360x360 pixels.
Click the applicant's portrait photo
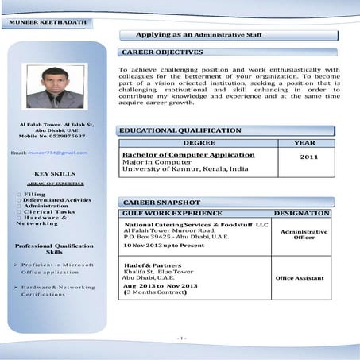coord(56,87)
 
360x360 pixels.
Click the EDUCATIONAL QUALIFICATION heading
coord(180,130)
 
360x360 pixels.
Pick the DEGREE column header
coord(199,143)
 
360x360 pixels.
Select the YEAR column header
coord(304,143)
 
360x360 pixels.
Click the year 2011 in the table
coord(309,157)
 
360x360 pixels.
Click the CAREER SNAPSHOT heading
coord(161,203)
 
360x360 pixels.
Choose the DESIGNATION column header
coord(302,214)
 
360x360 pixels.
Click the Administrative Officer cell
coord(304,234)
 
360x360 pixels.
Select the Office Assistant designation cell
coord(300,278)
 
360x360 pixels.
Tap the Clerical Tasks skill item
coord(48,211)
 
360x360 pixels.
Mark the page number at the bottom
coord(181,339)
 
